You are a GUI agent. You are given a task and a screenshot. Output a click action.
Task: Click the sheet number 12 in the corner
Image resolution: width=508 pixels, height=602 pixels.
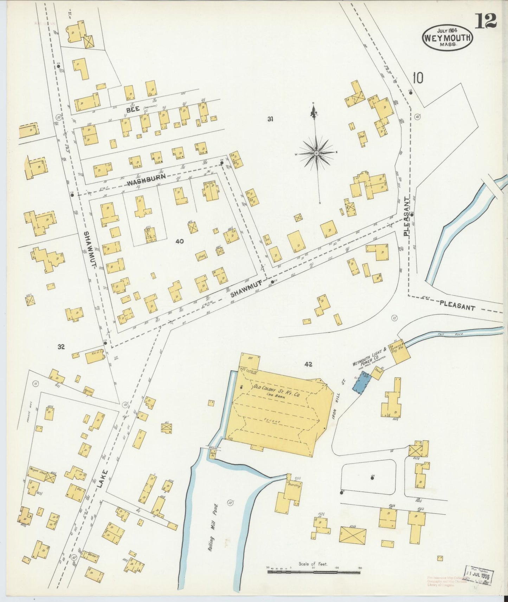coord(486,21)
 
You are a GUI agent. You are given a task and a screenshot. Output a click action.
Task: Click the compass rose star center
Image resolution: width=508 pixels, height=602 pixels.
coord(316,153)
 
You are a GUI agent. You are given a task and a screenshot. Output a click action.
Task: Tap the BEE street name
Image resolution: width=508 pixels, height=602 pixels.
coord(133,110)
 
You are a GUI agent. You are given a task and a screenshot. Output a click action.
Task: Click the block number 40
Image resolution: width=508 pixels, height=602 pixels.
coord(180,241)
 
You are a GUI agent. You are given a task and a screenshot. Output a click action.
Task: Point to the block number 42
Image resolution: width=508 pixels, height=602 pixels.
coord(308,365)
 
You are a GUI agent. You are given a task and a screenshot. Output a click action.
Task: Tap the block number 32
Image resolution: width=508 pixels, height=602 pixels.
coord(61,347)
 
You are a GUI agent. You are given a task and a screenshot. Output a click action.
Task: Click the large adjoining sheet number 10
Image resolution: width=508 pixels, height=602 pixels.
coord(418,78)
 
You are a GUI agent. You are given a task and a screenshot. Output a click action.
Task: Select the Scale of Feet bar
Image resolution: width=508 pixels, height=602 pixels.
coord(313,572)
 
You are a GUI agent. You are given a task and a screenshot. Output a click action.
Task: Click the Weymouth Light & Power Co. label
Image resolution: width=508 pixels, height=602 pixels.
coord(369,357)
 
